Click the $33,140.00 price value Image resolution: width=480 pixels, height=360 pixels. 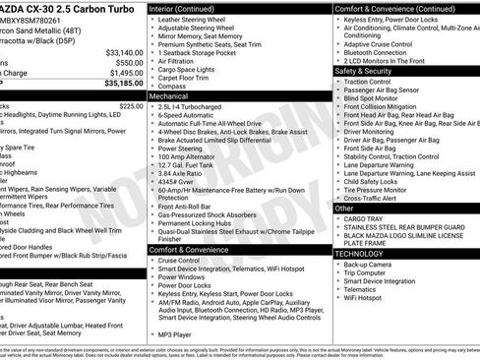[123, 52]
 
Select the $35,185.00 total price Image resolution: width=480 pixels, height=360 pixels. [123, 85]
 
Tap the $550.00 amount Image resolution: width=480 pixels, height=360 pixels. [129, 63]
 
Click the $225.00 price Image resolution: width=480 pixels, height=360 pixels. [131, 105]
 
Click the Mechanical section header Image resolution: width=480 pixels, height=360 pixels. [169, 97]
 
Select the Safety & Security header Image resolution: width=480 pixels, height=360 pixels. [363, 71]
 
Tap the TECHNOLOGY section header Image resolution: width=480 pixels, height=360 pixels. [359, 253]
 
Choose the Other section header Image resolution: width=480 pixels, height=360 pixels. [344, 209]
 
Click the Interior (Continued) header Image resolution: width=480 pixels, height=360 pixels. [190, 8]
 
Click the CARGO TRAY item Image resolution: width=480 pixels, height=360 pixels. [364, 219]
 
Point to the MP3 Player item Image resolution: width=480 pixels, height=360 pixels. [177, 335]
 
